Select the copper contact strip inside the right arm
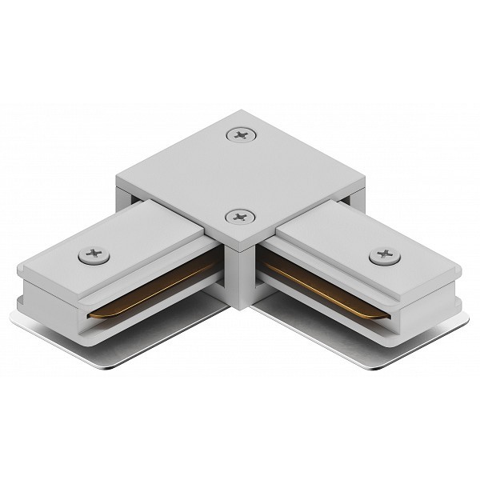pos(320,288)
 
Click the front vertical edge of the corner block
pos(240,272)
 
